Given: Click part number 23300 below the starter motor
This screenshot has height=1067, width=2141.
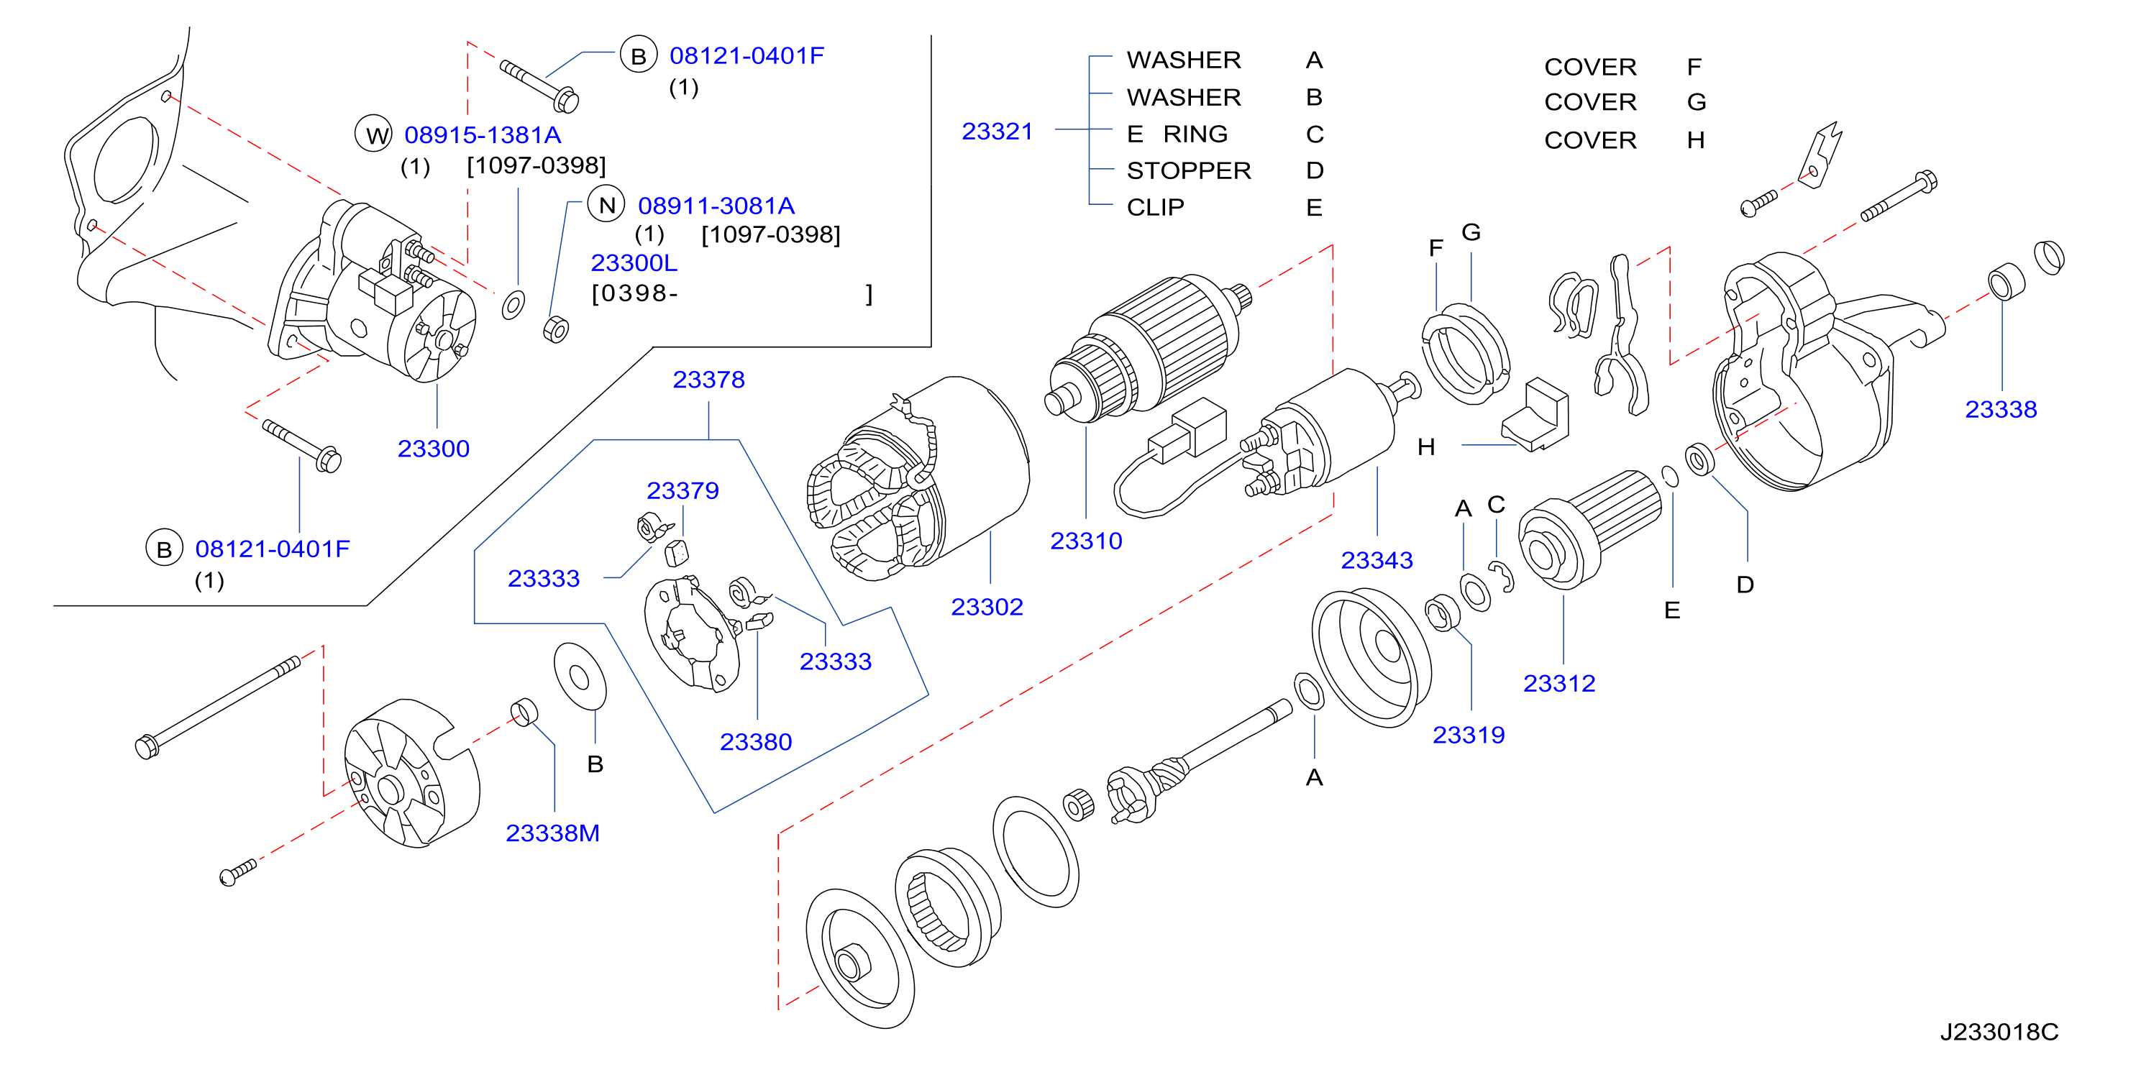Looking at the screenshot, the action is [x=433, y=449].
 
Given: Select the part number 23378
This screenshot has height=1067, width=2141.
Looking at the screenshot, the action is [x=708, y=380].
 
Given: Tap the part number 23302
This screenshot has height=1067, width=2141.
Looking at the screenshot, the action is [x=987, y=607].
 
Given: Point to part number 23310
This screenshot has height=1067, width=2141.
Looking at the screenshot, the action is [x=1085, y=541].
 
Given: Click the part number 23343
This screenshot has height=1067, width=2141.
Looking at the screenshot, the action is [x=1377, y=560].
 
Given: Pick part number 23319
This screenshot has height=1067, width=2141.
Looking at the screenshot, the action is [x=1468, y=735].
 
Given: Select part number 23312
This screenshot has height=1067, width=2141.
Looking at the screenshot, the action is [x=1558, y=683].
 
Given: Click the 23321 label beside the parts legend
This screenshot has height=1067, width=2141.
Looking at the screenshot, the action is [x=997, y=132].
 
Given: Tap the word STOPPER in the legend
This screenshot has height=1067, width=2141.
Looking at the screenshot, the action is [x=1189, y=170].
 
